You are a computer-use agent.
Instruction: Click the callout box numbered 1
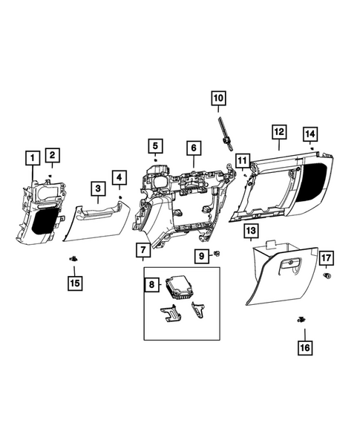pos(31,157)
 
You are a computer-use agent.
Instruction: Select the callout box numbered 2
pos(52,154)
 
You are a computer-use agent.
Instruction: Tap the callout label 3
pos(97,189)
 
